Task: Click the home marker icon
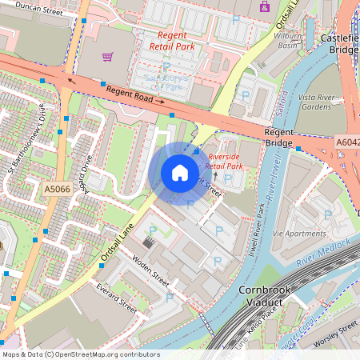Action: (180, 173)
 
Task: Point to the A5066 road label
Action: (58, 189)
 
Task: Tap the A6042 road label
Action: (348, 142)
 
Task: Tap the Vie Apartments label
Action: (299, 233)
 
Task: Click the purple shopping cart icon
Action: (108, 56)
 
